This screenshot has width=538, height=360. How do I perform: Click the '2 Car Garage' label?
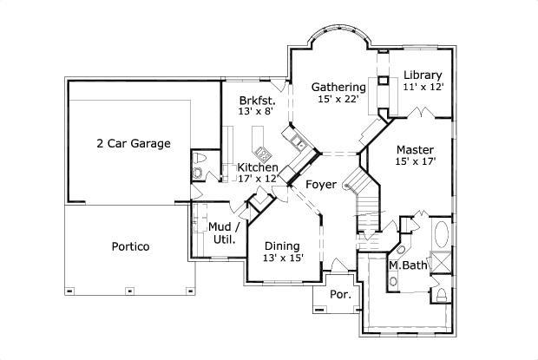click(x=133, y=143)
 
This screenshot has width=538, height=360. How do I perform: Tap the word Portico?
click(x=130, y=246)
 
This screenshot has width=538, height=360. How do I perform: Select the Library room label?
click(x=423, y=75)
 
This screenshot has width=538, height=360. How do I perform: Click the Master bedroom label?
click(x=415, y=149)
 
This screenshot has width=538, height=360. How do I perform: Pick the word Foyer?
click(x=321, y=185)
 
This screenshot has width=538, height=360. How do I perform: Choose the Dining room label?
click(x=283, y=245)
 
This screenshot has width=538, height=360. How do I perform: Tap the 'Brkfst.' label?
click(x=259, y=100)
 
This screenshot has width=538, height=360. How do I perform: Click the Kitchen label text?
click(x=258, y=167)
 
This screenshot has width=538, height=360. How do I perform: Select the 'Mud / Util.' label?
click(x=223, y=232)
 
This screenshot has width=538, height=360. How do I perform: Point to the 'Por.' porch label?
click(x=340, y=295)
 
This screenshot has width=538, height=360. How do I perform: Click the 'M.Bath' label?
click(x=407, y=265)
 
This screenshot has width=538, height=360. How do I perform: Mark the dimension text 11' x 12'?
click(x=423, y=87)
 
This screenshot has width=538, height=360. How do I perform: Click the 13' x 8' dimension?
click(x=259, y=112)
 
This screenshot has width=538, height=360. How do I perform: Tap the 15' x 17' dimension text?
click(x=415, y=161)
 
